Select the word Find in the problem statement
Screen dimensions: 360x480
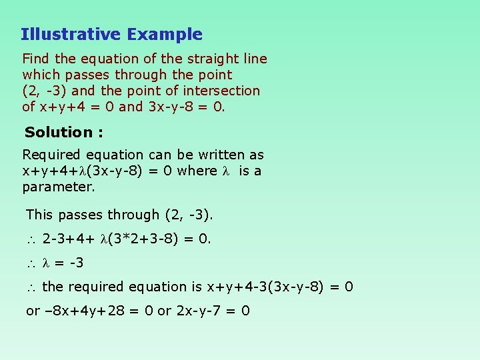click(x=37, y=59)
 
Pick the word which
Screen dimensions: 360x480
click(x=41, y=75)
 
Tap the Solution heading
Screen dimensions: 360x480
click(x=63, y=133)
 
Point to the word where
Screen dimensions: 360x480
click(x=197, y=171)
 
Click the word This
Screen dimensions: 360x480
click(x=40, y=215)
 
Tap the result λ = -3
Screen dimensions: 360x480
click(x=63, y=263)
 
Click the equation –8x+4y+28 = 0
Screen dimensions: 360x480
click(x=89, y=311)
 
